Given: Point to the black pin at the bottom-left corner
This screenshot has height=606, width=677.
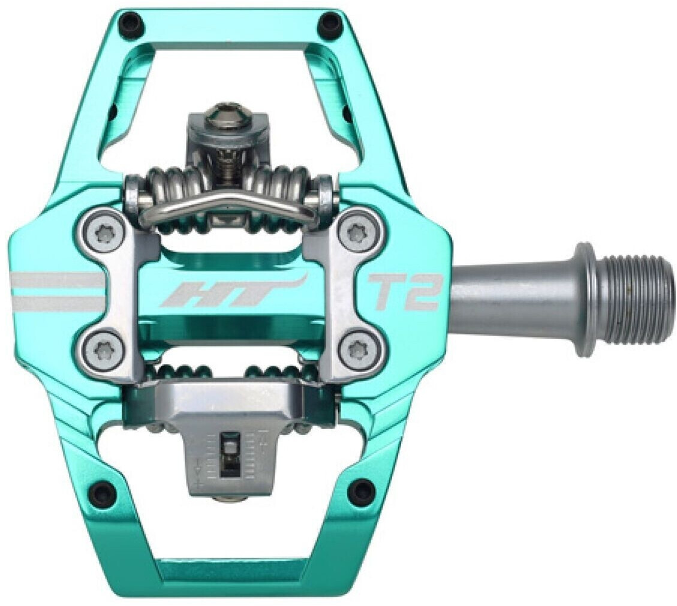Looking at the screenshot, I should tap(104, 493).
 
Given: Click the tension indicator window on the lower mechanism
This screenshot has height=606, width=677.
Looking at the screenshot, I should tap(229, 450).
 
